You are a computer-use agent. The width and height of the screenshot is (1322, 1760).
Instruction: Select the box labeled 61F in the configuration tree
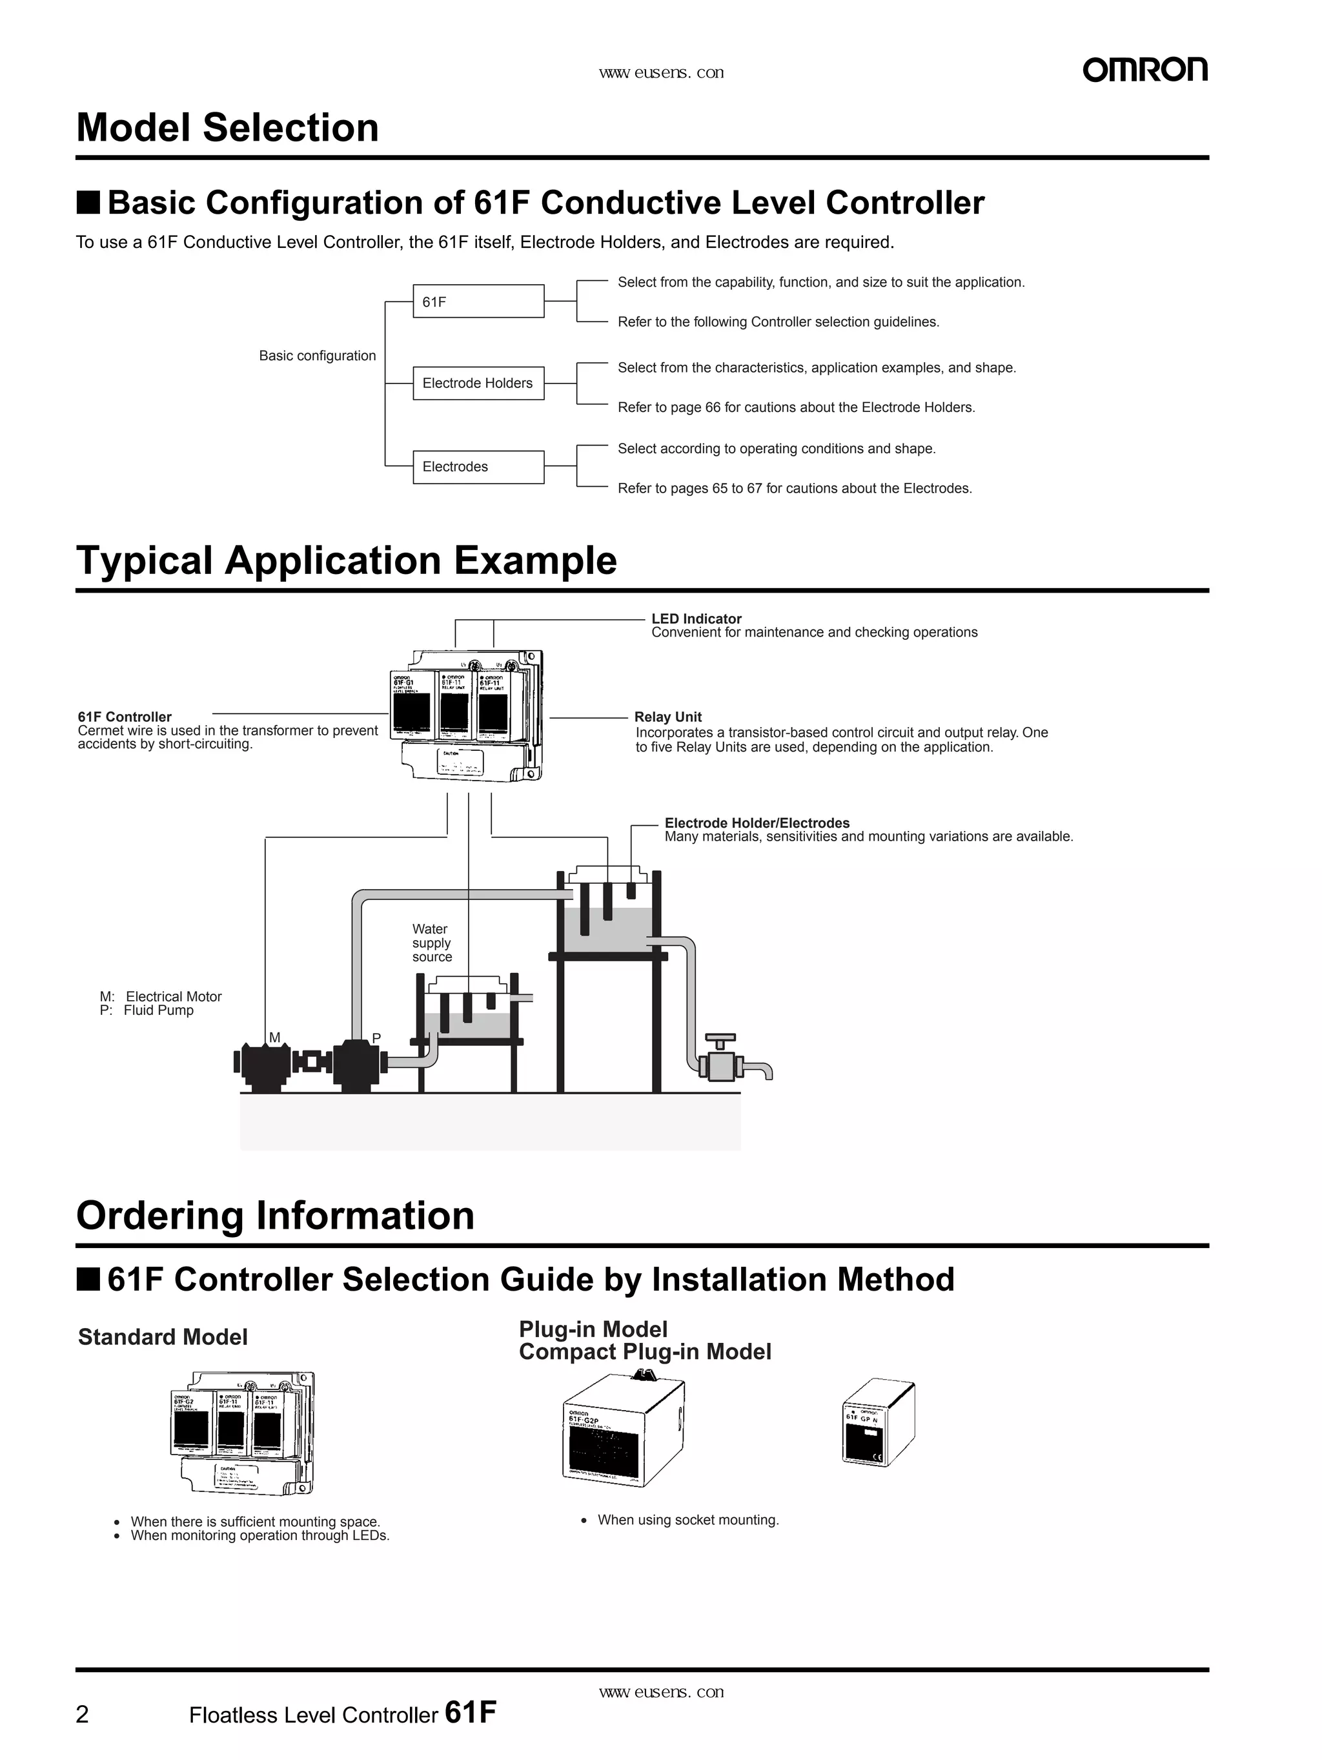tap(478, 302)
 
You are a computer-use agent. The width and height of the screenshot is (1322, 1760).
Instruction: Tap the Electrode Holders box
tap(478, 383)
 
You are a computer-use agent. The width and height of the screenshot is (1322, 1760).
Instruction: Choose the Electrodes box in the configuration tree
tap(478, 466)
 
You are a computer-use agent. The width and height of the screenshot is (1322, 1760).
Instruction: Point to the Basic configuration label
tap(318, 356)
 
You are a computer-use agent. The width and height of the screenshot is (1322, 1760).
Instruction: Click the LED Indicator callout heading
tap(696, 619)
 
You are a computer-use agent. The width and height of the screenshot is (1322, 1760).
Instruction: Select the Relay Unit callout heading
tap(667, 716)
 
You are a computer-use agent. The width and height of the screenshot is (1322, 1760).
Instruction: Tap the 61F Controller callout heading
tap(125, 716)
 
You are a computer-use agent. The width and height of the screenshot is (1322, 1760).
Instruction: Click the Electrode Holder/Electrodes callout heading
tap(757, 822)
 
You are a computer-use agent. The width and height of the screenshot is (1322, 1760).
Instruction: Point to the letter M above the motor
tap(274, 1037)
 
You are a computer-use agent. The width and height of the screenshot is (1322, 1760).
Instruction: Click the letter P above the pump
tap(376, 1038)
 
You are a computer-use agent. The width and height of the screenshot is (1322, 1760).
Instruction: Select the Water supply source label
tap(431, 942)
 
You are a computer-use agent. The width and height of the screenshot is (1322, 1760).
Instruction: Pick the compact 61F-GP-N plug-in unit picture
tap(877, 1424)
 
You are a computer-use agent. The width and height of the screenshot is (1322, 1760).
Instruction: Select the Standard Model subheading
tap(163, 1336)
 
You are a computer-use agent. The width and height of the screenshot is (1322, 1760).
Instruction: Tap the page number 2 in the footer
tap(83, 1714)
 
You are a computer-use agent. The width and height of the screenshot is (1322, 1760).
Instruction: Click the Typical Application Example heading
tap(346, 560)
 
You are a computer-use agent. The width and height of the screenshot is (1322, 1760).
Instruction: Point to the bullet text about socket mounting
tap(688, 1520)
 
